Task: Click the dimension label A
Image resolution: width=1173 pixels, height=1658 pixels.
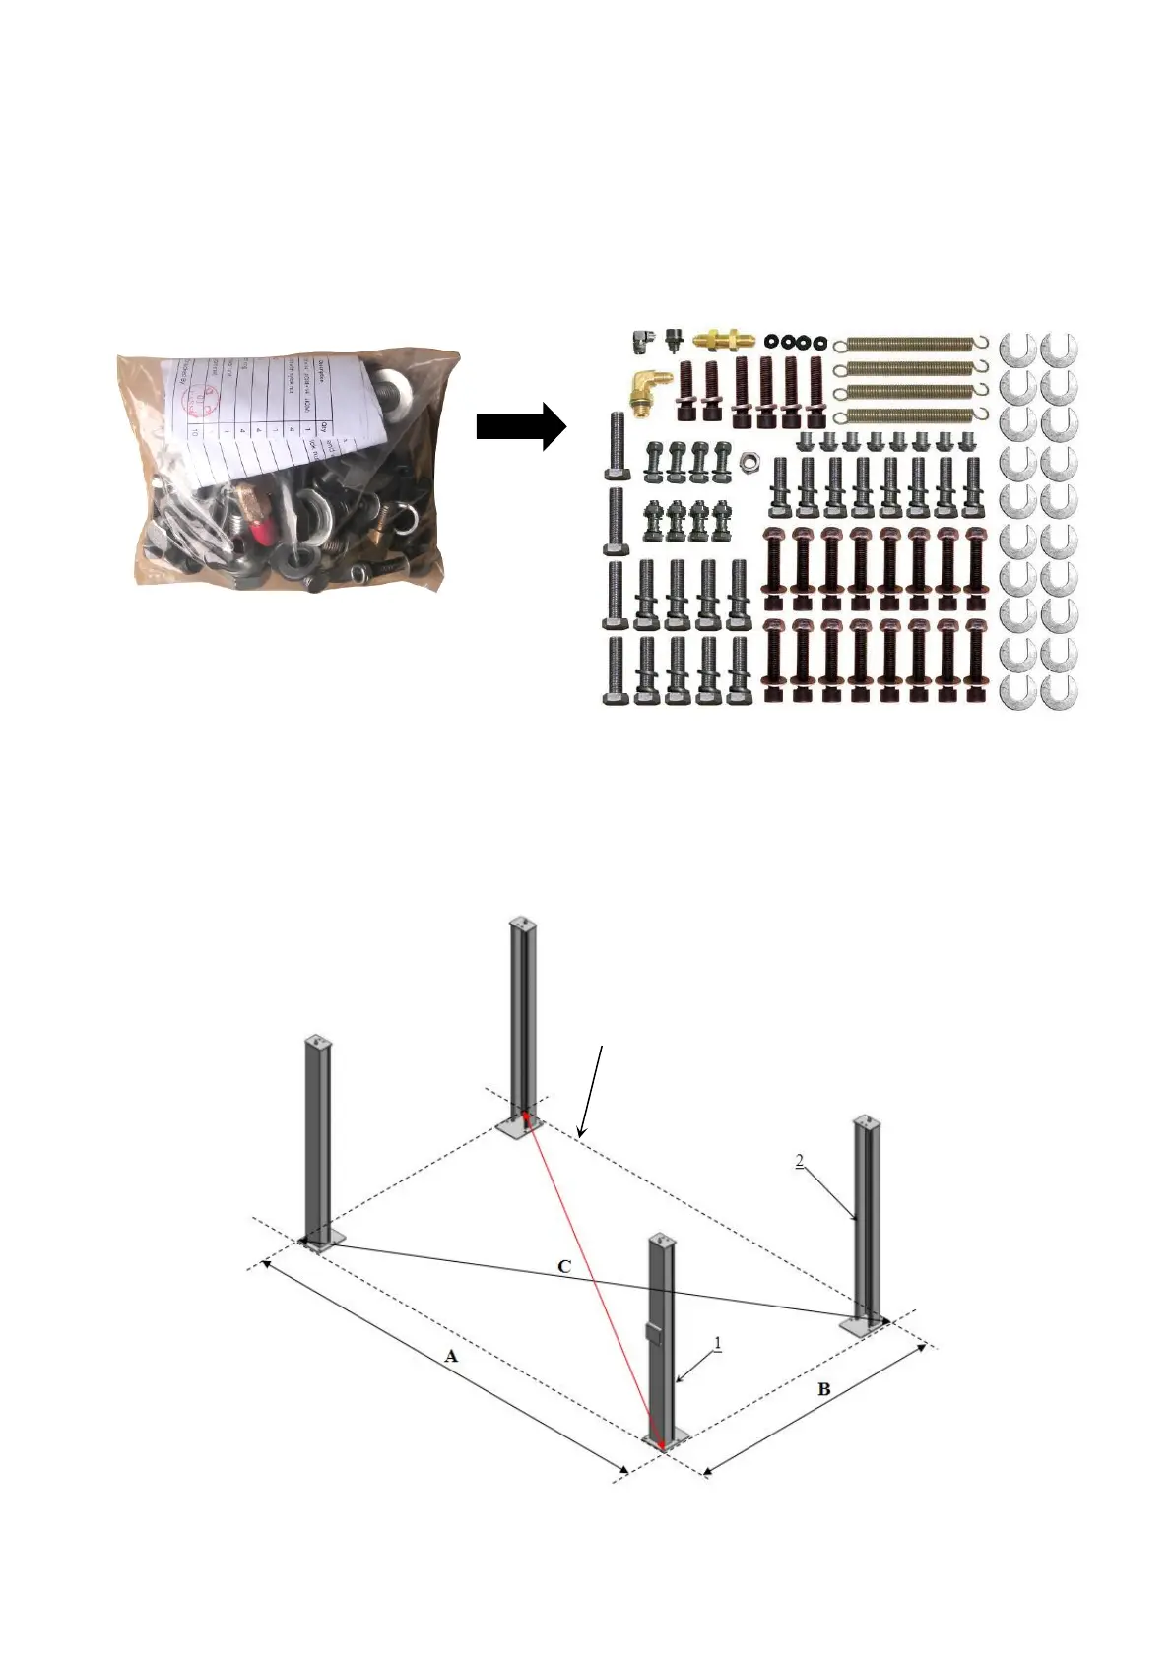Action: [x=451, y=1356]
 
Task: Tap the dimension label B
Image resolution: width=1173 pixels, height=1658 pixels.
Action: [x=824, y=1389]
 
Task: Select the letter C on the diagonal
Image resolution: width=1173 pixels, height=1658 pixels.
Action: [x=564, y=1266]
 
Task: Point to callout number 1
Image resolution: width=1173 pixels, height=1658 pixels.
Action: [x=718, y=1342]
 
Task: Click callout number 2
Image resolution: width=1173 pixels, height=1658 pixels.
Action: [x=800, y=1162]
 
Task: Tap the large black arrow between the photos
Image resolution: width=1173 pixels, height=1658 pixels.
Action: [x=520, y=427]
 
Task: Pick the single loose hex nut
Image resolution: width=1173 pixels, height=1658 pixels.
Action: [x=749, y=459]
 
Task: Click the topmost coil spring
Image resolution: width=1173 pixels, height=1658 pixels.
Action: [x=911, y=344]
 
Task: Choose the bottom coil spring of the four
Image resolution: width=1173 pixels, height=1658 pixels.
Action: [x=911, y=415]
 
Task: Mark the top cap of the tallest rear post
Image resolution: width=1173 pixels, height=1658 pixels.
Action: [x=523, y=924]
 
